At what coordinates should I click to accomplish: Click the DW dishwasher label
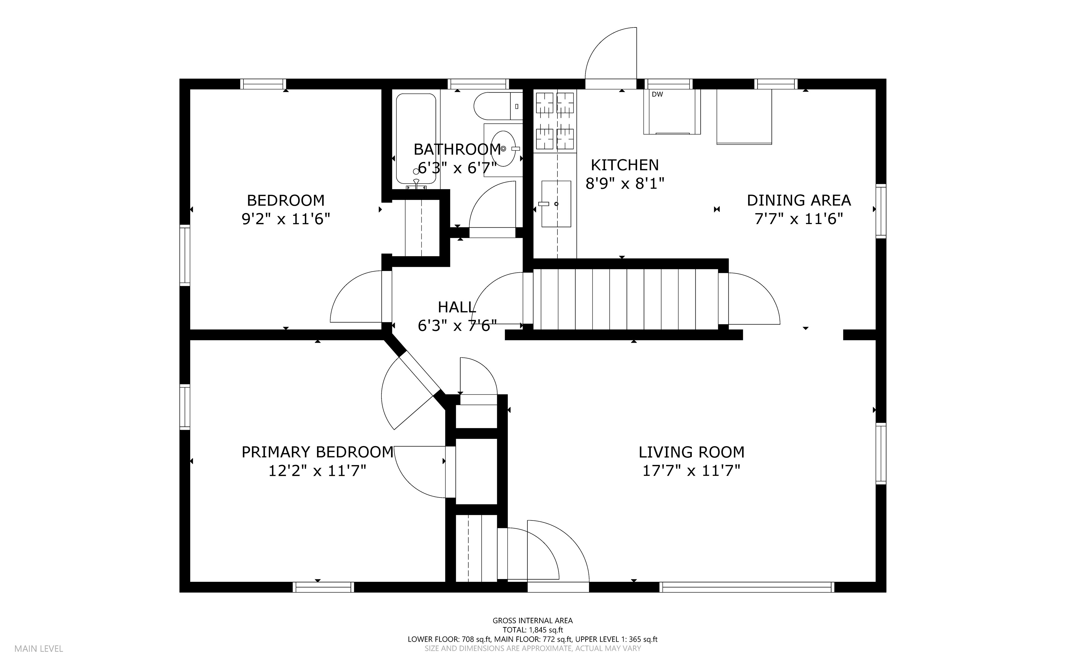tap(657, 94)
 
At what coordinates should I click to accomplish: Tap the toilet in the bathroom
tap(498, 106)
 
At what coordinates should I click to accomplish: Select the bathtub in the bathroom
tap(416, 139)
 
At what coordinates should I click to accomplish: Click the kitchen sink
tap(556, 204)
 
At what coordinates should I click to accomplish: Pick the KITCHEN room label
tap(625, 165)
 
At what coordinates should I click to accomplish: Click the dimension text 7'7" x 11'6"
tap(799, 219)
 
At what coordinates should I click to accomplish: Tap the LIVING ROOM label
tap(692, 452)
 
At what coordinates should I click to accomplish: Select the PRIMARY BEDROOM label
tap(317, 452)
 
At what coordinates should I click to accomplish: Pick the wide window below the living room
tap(747, 587)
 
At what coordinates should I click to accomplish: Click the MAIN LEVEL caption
tap(39, 649)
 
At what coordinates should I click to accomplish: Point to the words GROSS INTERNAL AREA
tap(532, 621)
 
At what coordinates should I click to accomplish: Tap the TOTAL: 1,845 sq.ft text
tap(532, 630)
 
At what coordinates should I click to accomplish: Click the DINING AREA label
tap(799, 200)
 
